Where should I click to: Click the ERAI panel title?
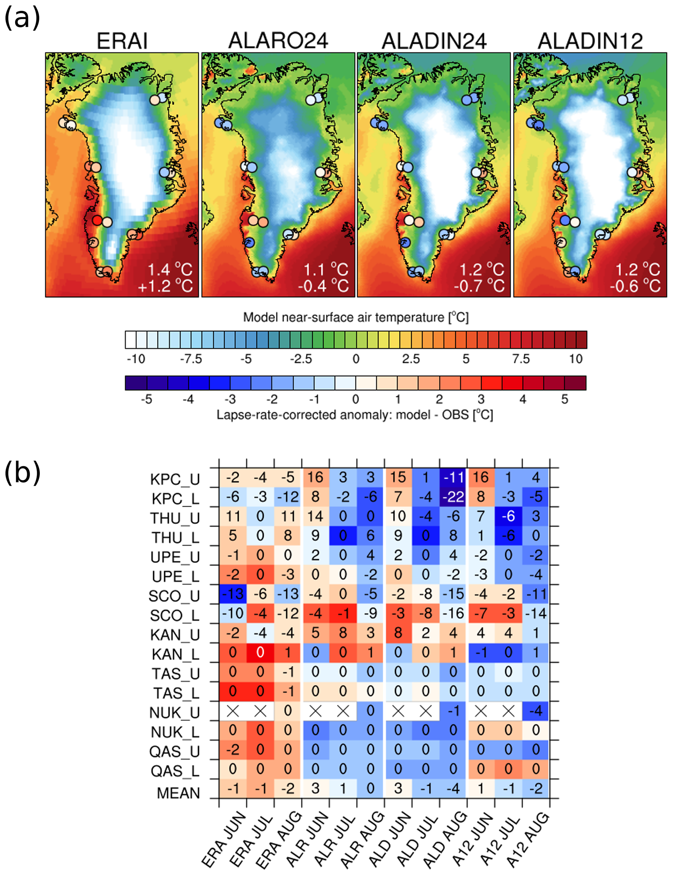click(122, 41)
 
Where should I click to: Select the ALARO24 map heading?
click(278, 41)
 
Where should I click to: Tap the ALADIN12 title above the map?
click(590, 41)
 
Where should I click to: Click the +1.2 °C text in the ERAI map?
click(165, 286)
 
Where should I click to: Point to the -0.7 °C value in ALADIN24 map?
click(479, 286)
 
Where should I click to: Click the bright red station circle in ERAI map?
click(97, 220)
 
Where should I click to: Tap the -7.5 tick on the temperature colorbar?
click(191, 359)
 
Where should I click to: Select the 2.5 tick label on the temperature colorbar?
click(411, 359)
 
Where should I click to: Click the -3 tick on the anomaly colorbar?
click(230, 399)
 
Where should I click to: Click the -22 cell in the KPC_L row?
click(453, 497)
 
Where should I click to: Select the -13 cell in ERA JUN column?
click(233, 594)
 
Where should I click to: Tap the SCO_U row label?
click(174, 596)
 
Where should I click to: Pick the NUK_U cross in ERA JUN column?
click(233, 711)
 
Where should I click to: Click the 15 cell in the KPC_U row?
click(398, 477)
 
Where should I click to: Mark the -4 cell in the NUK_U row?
click(536, 711)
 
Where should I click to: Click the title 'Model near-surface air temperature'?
click(355, 317)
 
